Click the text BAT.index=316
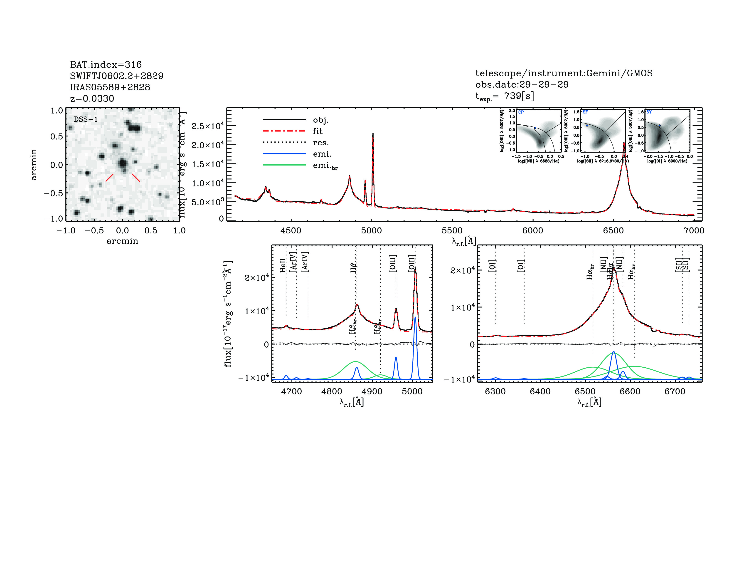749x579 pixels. [x=106, y=64]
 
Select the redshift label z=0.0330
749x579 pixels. [x=92, y=99]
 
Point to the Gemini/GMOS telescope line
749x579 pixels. [x=564, y=73]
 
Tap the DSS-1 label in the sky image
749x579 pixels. [x=86, y=119]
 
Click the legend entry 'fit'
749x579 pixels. [x=318, y=131]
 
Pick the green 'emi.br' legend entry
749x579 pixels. [x=325, y=166]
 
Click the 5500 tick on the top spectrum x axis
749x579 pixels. [x=452, y=230]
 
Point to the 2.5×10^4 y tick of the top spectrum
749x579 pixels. [x=207, y=126]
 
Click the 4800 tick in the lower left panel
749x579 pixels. [x=332, y=391]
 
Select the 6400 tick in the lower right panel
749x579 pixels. [x=540, y=391]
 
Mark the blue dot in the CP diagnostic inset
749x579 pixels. [x=535, y=128]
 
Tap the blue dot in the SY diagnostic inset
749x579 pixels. [x=660, y=126]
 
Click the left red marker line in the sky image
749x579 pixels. [x=109, y=177]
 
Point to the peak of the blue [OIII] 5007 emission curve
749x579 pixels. [x=415, y=318]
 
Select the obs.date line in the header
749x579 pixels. [x=522, y=84]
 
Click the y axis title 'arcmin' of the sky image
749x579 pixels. [x=34, y=164]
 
